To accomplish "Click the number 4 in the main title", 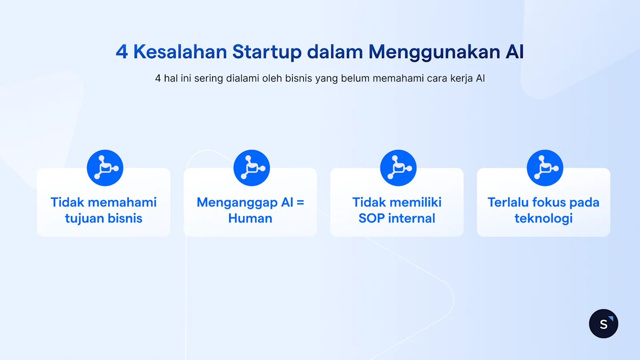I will tap(122, 52).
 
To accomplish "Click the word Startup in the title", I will tap(266, 52).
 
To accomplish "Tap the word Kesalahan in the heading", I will tap(180, 52).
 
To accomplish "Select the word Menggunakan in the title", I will tap(434, 52).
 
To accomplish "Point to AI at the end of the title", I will tap(514, 52).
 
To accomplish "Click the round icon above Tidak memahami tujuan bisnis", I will tap(105, 168).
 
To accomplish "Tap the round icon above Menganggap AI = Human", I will tap(252, 168).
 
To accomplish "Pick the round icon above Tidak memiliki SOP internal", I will tap(398, 168).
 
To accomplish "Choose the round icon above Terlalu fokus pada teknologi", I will tap(545, 168).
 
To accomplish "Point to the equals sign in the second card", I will tap(300, 203).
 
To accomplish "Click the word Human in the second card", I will tap(250, 219).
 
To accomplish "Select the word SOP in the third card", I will tap(371, 219).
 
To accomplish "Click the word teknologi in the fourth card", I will tap(543, 219).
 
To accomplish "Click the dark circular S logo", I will tap(603, 324).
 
